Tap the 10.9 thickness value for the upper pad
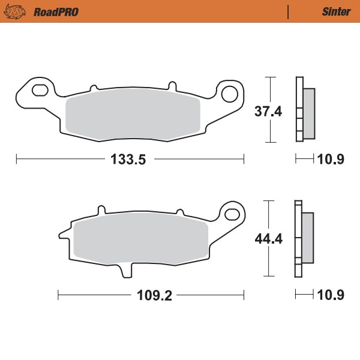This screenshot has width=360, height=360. coord(331,159)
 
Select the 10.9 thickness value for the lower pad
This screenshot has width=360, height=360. coord(331,295)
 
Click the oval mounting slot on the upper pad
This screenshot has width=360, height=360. coord(39,91)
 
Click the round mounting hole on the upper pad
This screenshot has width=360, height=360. coord(231,93)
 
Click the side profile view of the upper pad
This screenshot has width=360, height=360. coord(305,110)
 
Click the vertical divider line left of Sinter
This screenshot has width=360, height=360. coord(289,11)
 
